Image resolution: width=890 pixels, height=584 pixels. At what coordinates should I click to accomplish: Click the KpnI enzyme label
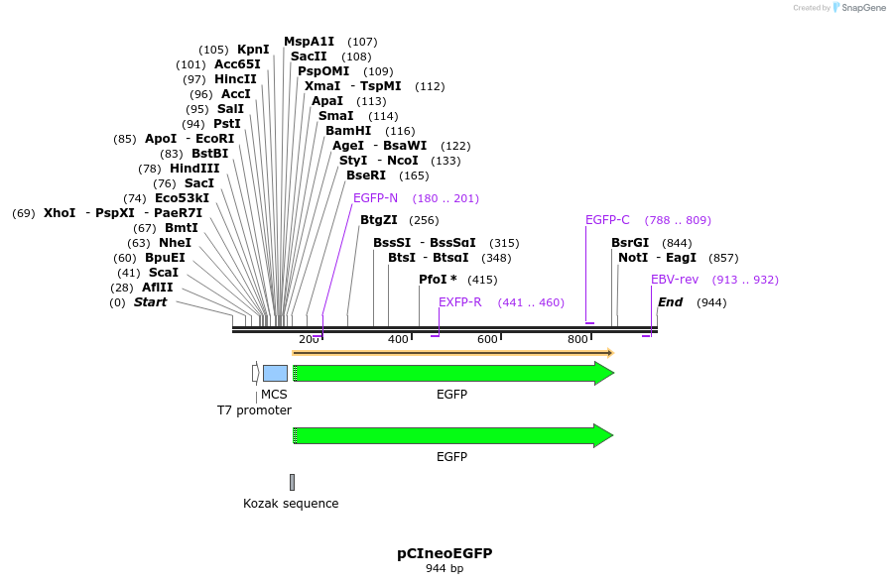point(253,50)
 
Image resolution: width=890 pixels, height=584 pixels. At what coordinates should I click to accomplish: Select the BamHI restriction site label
point(348,131)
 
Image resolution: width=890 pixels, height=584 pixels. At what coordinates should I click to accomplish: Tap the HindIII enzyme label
point(194,169)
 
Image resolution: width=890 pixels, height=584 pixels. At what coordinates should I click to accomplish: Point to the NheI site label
point(175,243)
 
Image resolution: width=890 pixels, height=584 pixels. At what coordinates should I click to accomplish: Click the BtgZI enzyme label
point(378,220)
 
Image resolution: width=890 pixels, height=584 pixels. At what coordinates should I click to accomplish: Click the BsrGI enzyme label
point(630,243)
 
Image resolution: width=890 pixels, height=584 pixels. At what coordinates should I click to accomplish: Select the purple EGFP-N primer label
point(375,198)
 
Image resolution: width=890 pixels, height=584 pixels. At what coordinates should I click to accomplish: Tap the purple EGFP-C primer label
point(607,220)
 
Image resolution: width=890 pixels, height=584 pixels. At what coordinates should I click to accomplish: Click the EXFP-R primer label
point(459,302)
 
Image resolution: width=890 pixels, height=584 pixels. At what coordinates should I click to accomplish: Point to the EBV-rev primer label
point(675,280)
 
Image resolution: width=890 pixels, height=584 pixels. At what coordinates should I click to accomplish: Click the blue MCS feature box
point(275,373)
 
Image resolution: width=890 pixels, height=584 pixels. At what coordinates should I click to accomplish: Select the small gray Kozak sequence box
point(292,482)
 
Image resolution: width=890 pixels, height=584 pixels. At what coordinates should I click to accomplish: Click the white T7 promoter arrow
point(255,373)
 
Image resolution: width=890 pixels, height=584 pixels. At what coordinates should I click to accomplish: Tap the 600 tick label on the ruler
point(487,340)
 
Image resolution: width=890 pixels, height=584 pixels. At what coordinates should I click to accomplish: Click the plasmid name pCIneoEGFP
point(445,553)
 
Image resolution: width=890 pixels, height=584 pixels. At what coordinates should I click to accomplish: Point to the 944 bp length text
point(445,569)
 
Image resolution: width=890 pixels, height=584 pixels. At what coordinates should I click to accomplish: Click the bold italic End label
point(671,302)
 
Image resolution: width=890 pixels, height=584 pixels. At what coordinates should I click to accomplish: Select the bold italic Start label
point(151,302)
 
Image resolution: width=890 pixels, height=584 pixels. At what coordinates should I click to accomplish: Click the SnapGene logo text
point(859,8)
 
